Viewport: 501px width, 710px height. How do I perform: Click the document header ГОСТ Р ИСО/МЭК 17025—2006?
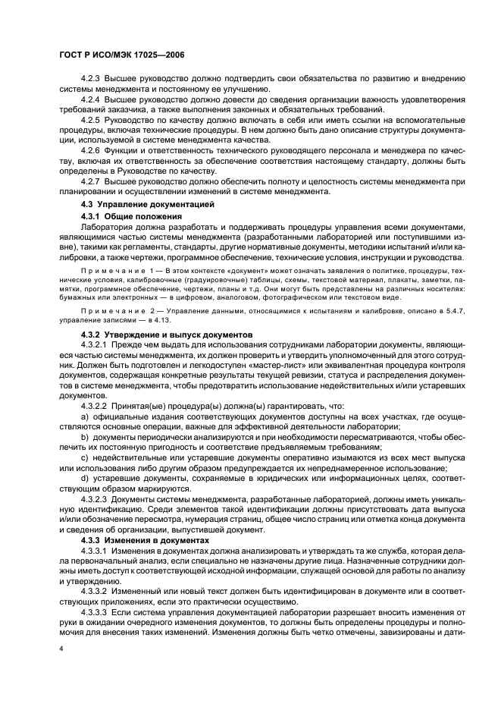pos(122,55)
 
